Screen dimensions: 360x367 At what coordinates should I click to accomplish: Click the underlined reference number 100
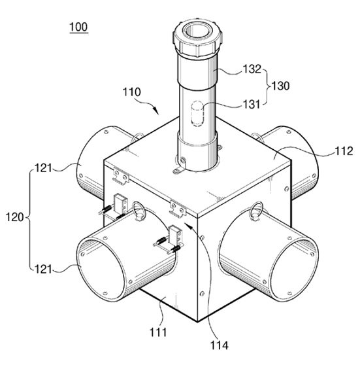[79, 27]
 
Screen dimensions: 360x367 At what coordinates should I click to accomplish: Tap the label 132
[252, 69]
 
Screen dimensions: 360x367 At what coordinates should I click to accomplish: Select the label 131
[252, 105]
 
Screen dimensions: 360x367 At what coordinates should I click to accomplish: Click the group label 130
[280, 86]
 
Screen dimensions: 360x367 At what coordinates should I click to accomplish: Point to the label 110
[132, 92]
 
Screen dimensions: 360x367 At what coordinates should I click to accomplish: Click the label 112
[344, 151]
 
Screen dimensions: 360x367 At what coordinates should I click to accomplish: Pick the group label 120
[15, 217]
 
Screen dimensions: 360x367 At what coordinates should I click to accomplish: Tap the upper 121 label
[43, 168]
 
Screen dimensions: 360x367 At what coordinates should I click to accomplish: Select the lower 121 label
[43, 269]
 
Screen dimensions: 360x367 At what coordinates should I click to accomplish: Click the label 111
[158, 332]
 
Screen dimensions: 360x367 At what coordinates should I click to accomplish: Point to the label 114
[220, 345]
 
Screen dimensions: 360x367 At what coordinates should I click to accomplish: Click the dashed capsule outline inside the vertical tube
[197, 114]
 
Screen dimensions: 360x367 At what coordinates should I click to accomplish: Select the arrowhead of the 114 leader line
[188, 225]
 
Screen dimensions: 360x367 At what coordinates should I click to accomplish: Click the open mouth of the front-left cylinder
[102, 269]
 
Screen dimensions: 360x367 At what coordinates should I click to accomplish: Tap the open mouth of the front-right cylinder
[293, 270]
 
